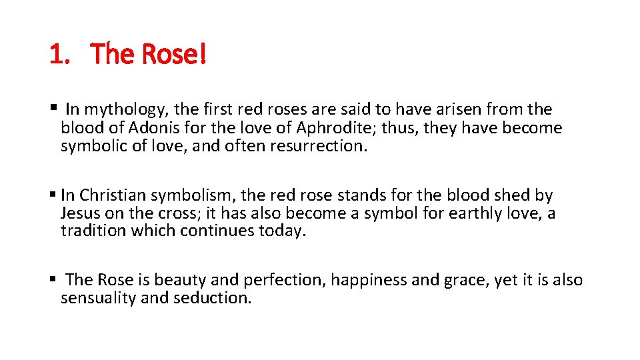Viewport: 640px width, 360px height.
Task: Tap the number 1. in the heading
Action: coord(60,54)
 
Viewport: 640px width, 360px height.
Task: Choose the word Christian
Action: coord(113,195)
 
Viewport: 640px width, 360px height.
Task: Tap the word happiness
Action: coord(369,281)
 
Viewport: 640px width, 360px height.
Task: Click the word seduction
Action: coord(212,298)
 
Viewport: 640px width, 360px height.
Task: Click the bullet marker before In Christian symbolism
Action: coord(53,195)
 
